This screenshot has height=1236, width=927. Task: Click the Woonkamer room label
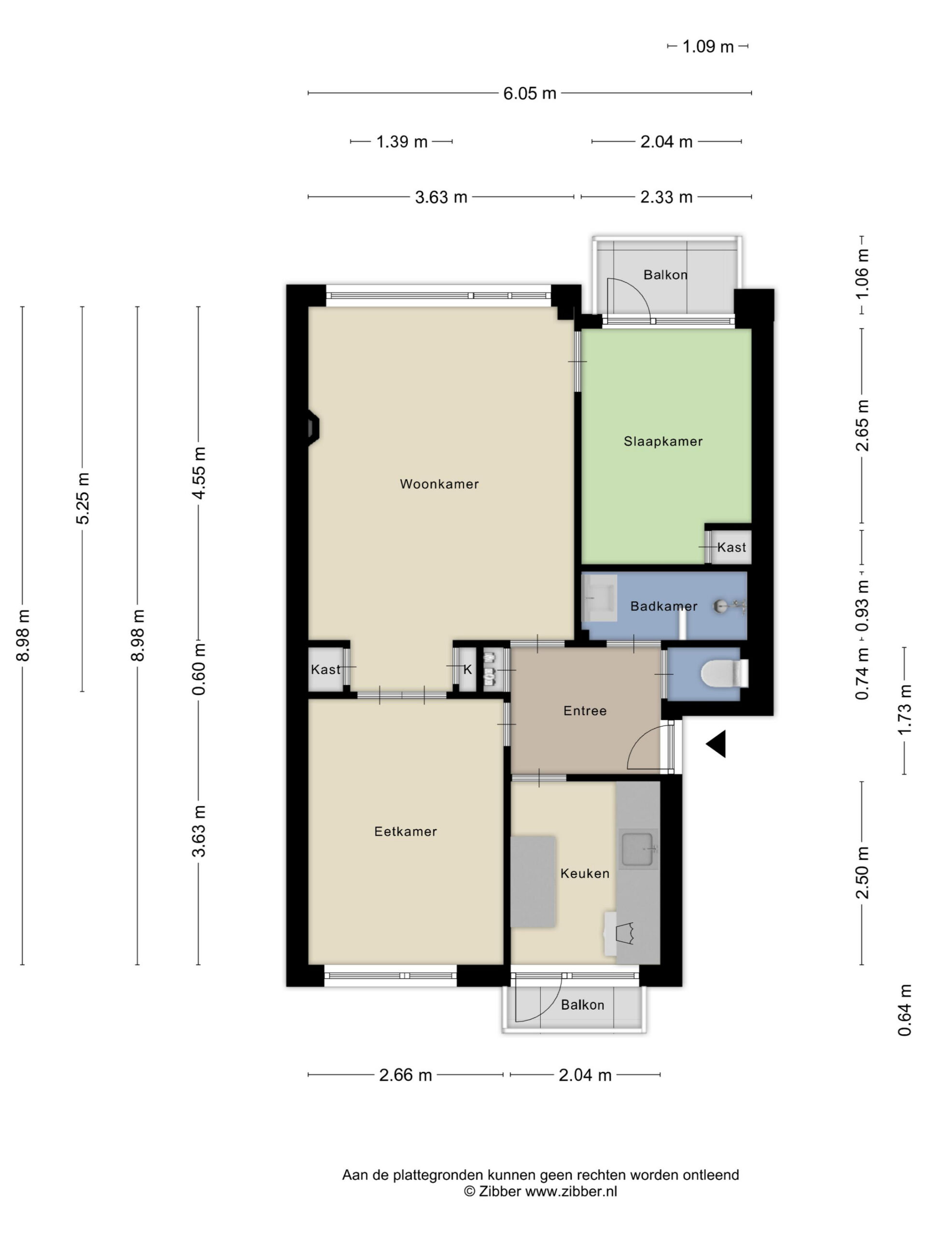click(439, 484)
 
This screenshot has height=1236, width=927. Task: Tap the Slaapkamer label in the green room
click(663, 441)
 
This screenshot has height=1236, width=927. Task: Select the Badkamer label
click(663, 606)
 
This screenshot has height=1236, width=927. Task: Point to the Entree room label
click(585, 711)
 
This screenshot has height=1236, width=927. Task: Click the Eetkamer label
click(405, 831)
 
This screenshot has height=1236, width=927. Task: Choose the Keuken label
click(585, 873)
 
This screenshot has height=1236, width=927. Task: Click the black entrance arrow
click(716, 744)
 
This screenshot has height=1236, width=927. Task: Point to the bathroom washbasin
click(599, 598)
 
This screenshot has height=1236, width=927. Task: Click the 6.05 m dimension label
click(530, 93)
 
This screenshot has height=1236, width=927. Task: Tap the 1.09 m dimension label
click(707, 46)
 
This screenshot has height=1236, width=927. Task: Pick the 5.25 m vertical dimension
click(83, 498)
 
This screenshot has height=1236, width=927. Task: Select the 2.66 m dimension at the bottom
click(405, 1075)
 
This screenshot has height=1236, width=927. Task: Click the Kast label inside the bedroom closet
click(731, 547)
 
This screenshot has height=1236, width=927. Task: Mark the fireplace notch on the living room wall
click(313, 429)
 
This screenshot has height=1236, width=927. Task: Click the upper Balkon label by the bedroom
click(665, 274)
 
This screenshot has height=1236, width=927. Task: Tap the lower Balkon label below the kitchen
click(582, 1005)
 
